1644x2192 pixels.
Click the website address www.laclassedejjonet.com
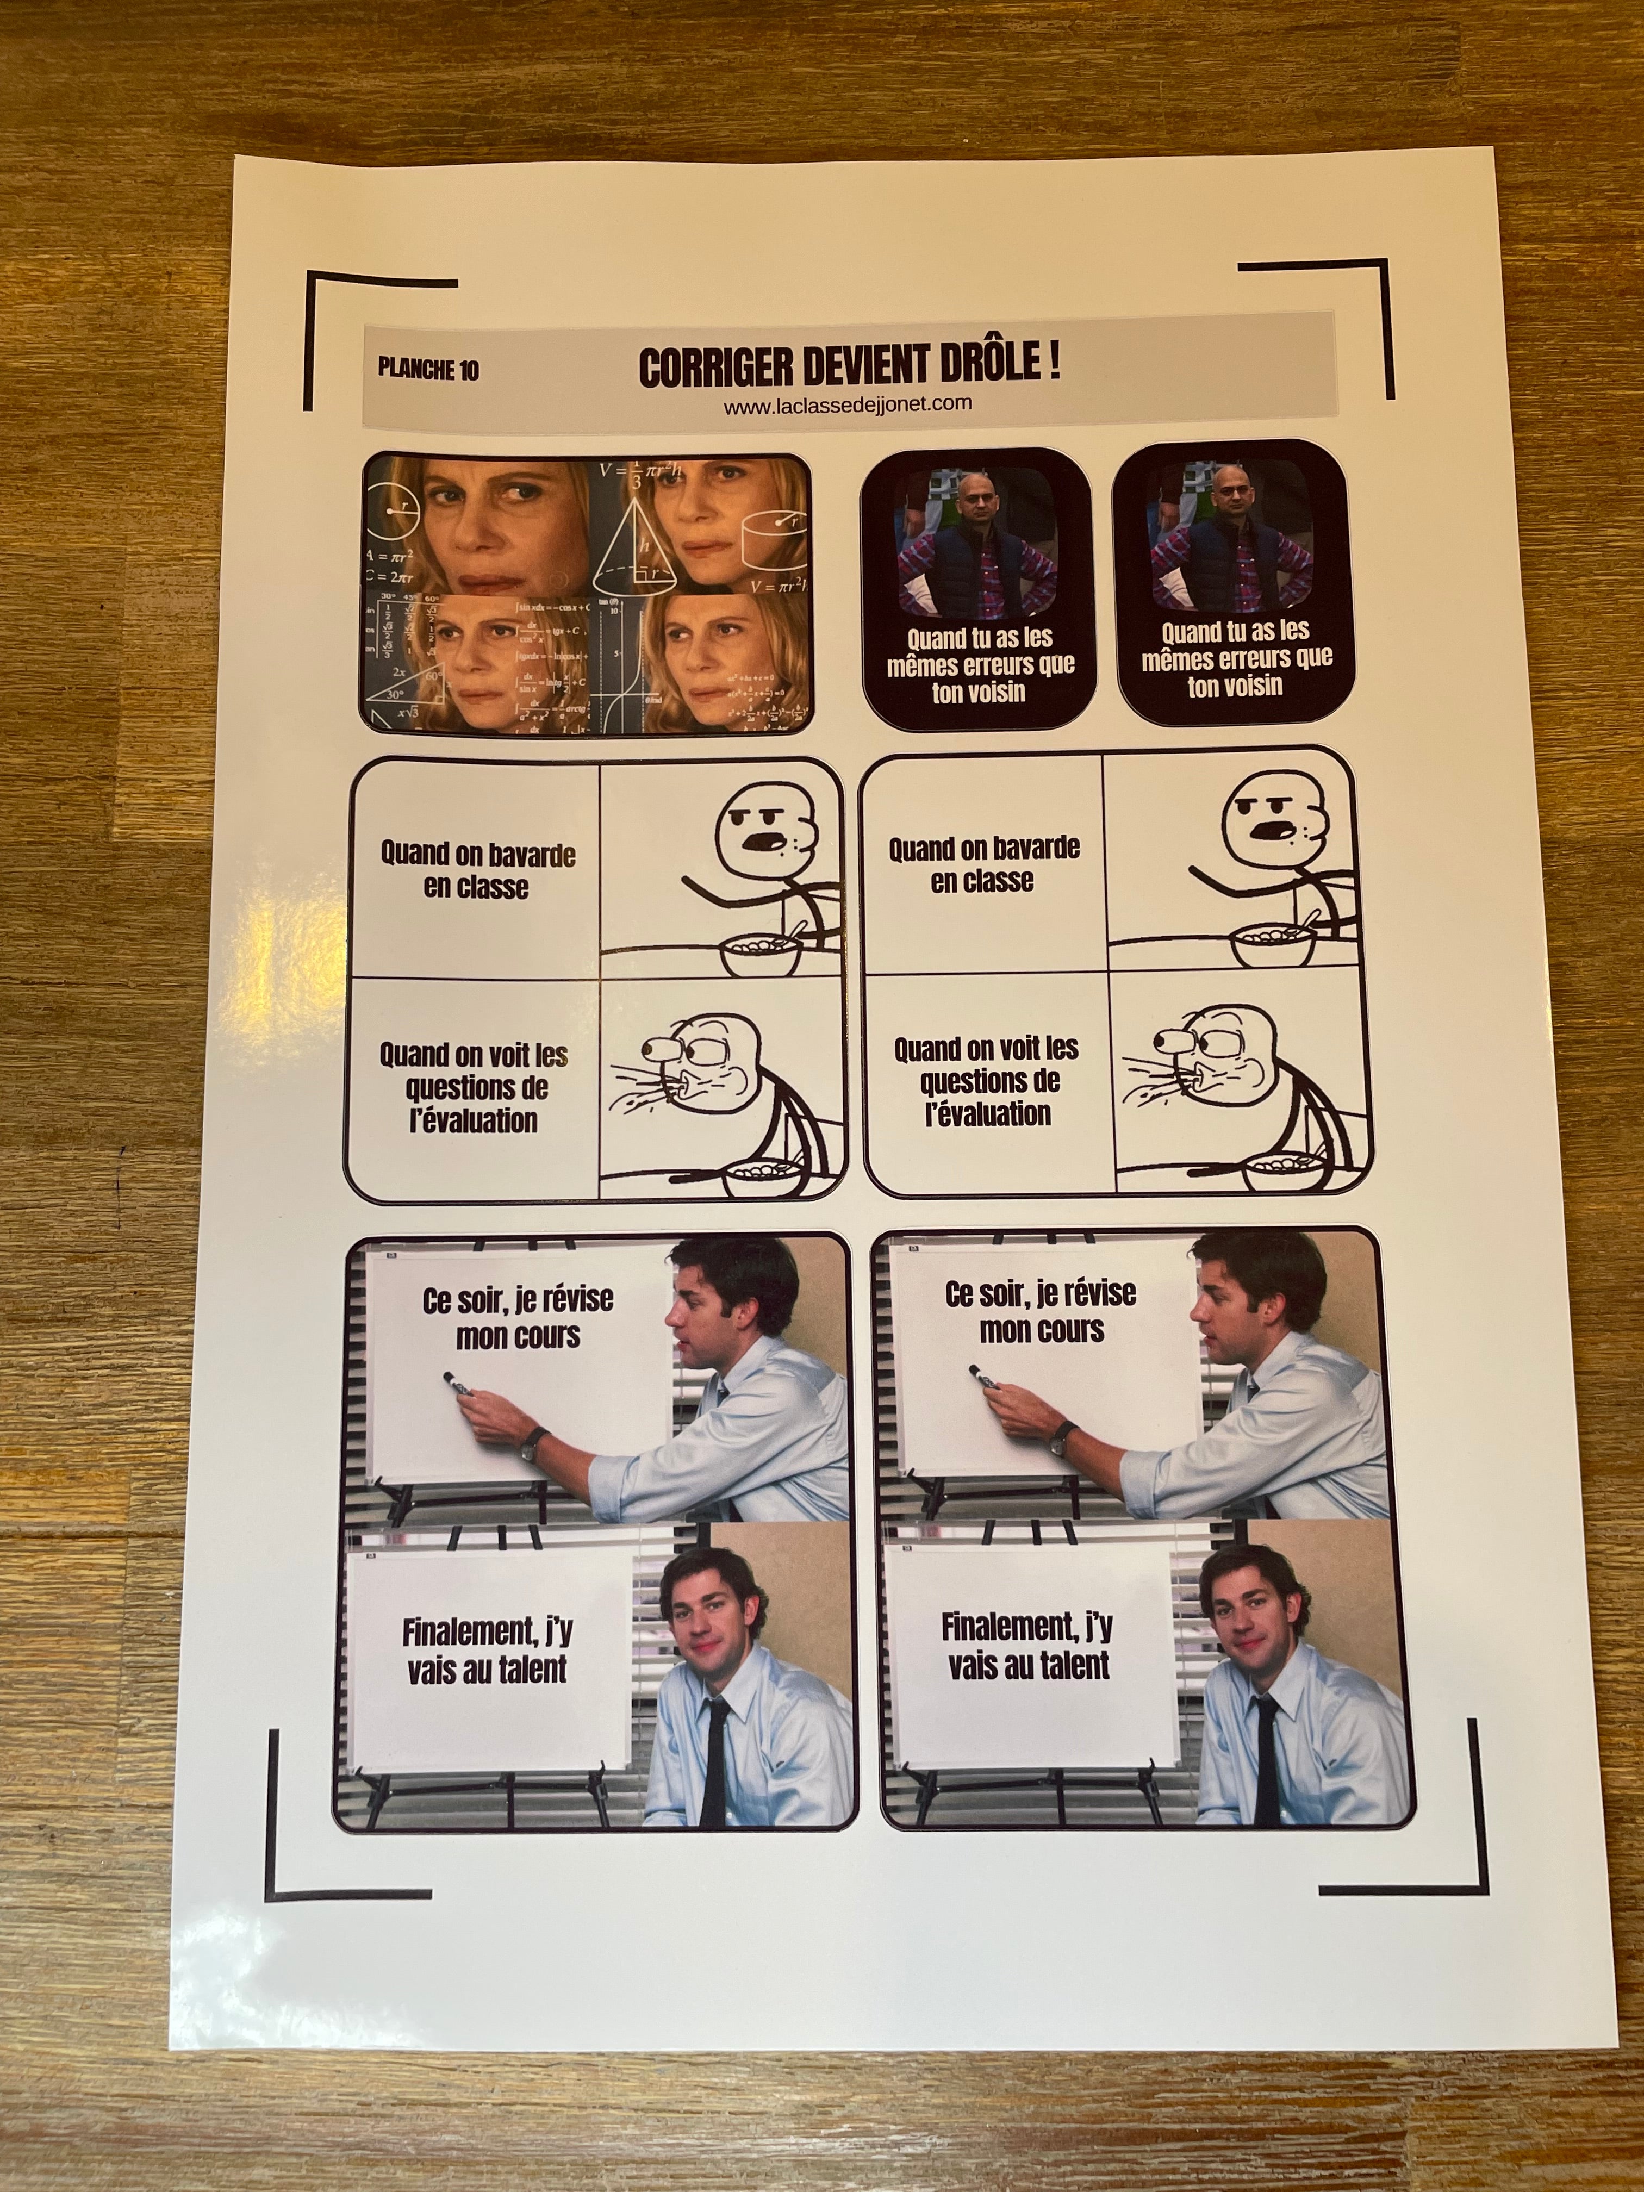[x=847, y=404]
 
